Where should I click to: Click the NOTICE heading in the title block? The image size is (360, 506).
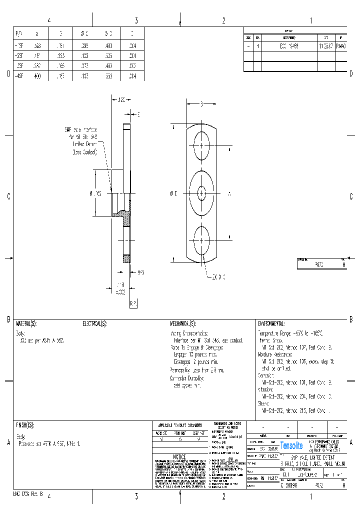tap(179, 457)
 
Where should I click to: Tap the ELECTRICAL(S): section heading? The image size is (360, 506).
tap(94, 323)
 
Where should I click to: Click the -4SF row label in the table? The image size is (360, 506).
tap(20, 76)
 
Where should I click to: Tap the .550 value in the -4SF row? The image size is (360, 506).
tap(108, 76)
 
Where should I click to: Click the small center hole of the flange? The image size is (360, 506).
tap(201, 192)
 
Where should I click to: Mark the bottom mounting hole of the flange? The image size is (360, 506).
tap(201, 237)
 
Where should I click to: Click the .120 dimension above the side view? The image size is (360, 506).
tap(120, 100)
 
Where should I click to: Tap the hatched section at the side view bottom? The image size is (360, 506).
tap(126, 258)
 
